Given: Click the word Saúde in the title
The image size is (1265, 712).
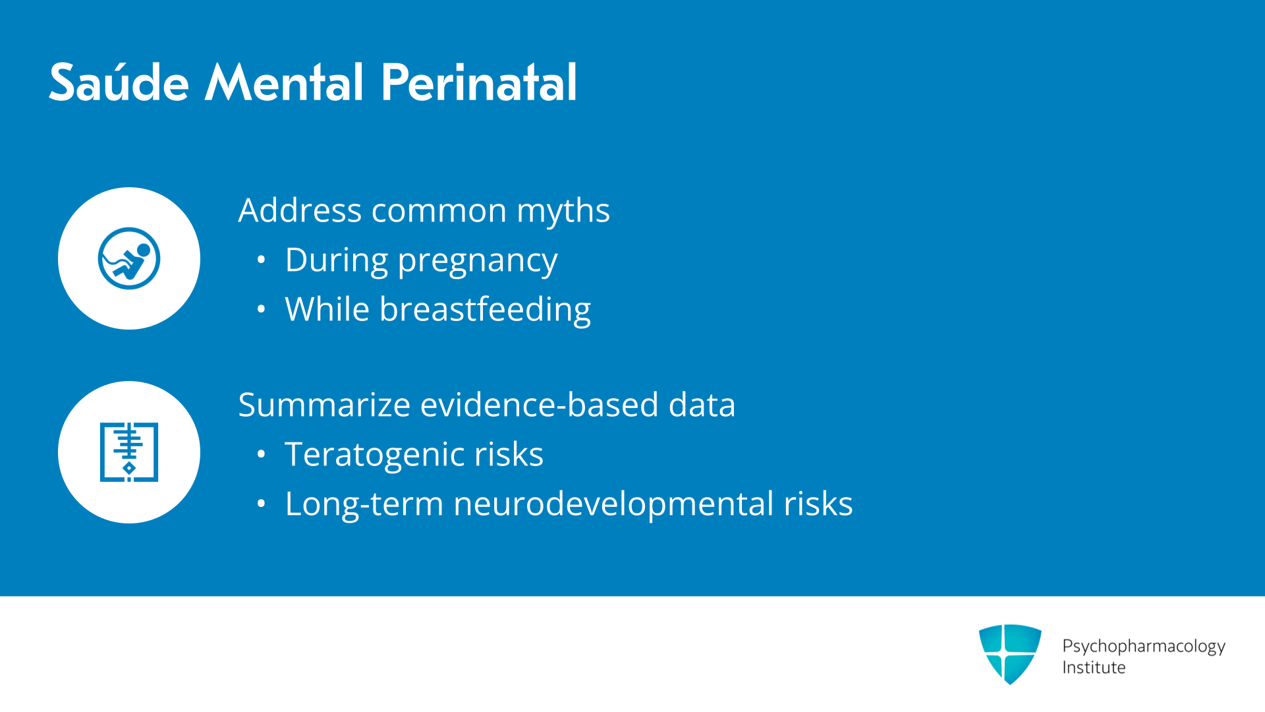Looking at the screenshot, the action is click(119, 82).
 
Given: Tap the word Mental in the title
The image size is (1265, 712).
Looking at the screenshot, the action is click(284, 82).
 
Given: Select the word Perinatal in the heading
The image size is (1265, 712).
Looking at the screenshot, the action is click(479, 82).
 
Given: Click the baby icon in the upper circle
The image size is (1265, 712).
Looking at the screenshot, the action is click(129, 258).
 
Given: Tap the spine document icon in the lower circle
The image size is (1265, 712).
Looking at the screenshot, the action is click(129, 452).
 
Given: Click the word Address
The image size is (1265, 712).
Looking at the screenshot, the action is click(300, 210).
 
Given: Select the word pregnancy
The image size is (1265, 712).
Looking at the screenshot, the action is click(478, 262).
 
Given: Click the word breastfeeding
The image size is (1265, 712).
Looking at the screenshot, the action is click(485, 310).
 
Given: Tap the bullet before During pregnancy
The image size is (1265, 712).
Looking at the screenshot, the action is click(262, 260).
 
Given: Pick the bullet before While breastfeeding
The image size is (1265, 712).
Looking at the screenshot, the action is click(262, 309).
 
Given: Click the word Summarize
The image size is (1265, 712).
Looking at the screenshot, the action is click(324, 405).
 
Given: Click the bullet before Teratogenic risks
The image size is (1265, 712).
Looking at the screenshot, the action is click(262, 454).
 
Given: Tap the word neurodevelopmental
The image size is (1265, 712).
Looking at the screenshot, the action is click(613, 504).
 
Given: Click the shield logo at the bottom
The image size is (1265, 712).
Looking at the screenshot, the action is click(1010, 654).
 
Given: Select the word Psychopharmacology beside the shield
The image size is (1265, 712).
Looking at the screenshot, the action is click(1144, 647).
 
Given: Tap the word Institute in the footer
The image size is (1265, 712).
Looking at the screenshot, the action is click(1094, 668).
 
